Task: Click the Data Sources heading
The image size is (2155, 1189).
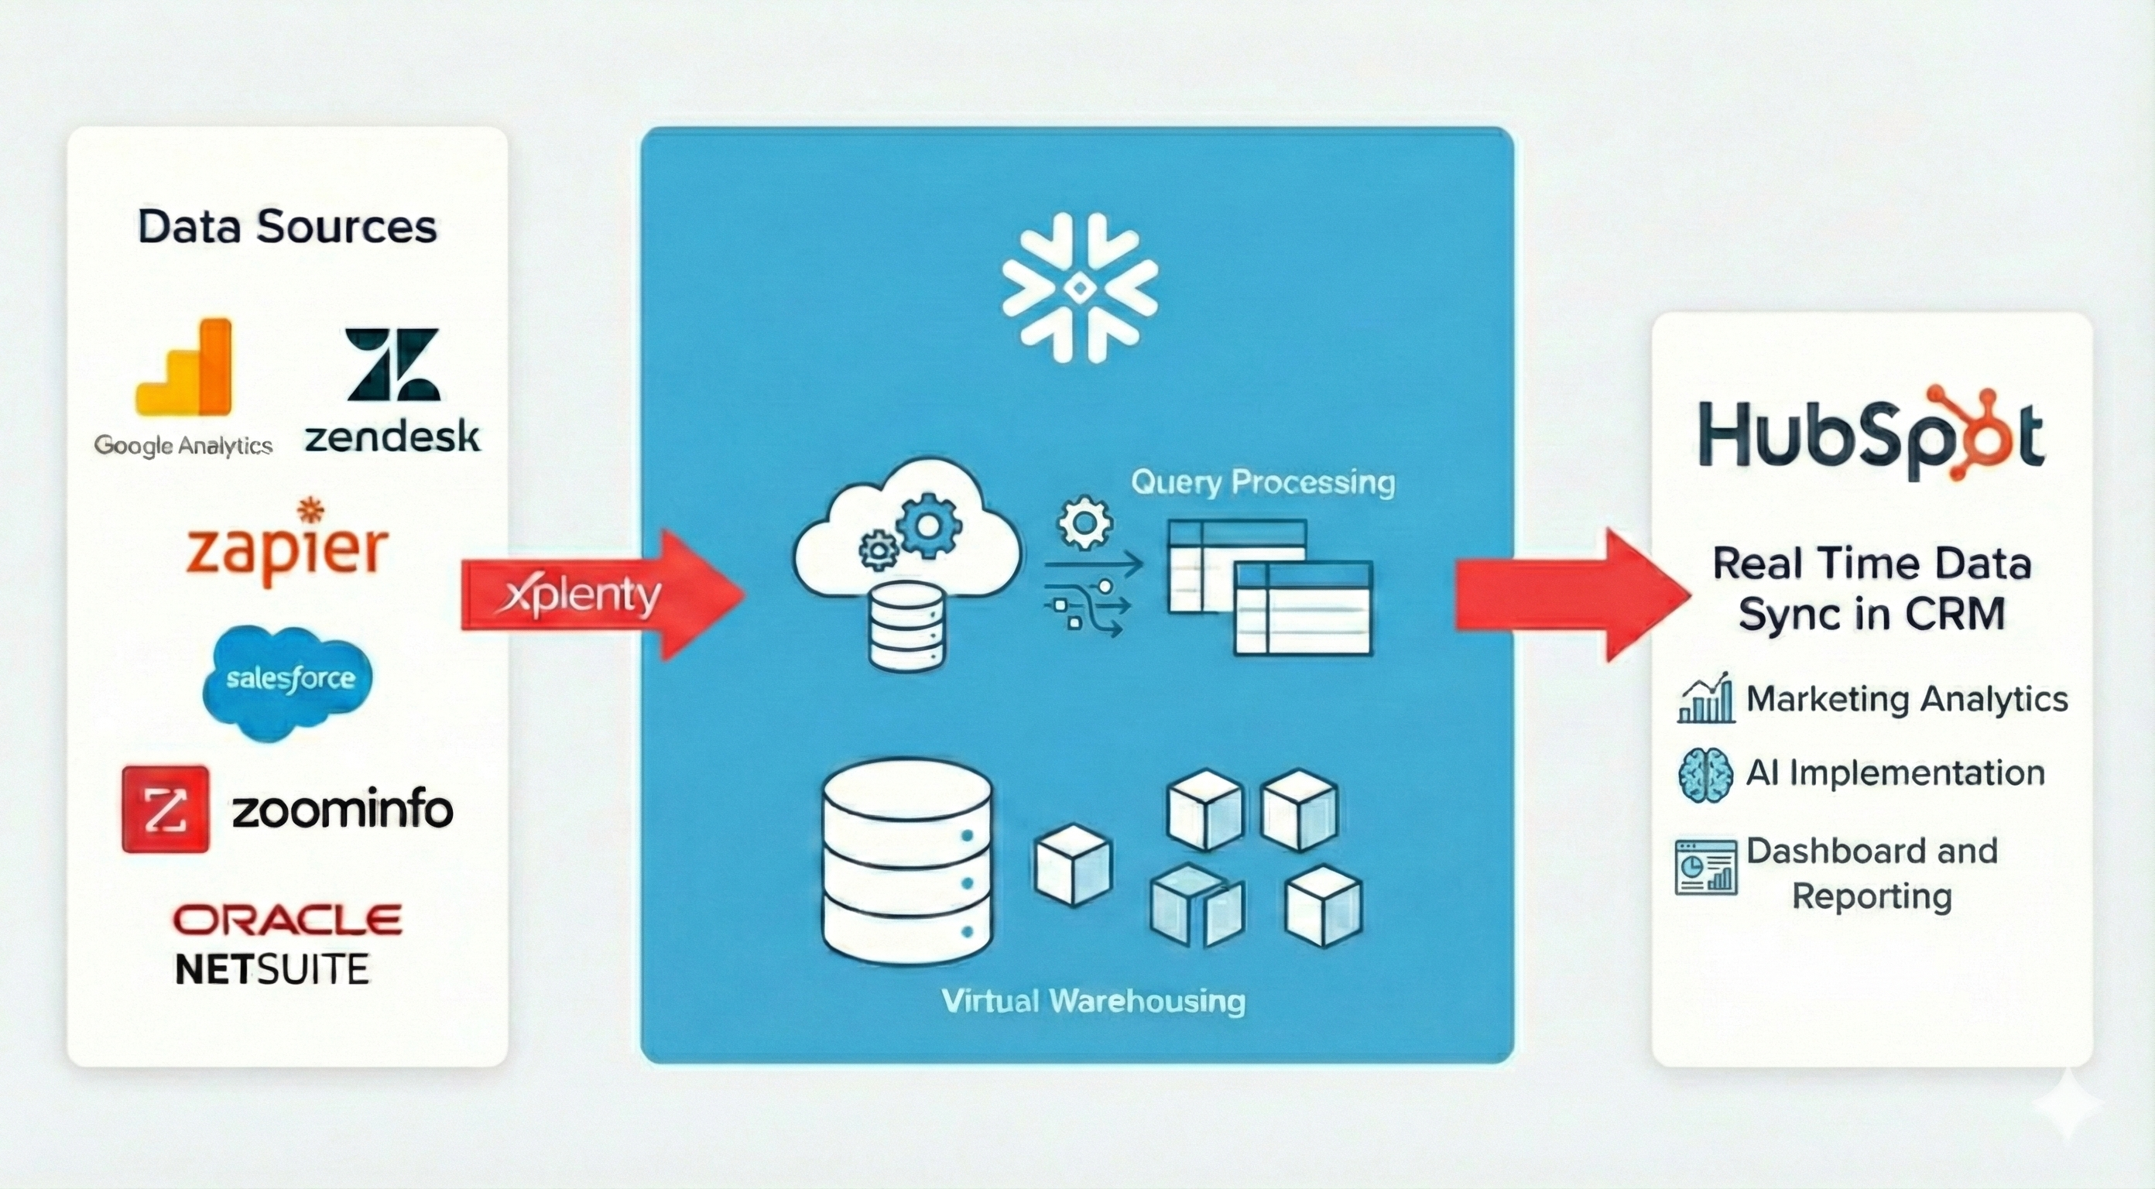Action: tap(287, 227)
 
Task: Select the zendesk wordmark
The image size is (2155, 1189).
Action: tap(392, 437)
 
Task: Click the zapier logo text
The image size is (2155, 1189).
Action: tap(287, 550)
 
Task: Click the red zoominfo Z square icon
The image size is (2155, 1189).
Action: tap(166, 809)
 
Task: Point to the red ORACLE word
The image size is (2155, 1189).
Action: tap(287, 920)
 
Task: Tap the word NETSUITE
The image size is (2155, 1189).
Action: tap(272, 970)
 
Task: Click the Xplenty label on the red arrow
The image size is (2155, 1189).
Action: tap(583, 595)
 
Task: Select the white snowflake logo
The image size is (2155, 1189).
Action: tap(1079, 288)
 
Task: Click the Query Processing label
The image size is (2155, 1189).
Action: tap(1263, 482)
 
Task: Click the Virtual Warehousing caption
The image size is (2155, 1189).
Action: tap(1092, 1001)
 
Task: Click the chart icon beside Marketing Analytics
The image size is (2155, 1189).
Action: tap(1706, 699)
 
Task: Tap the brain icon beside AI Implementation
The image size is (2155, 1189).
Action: tap(1705, 775)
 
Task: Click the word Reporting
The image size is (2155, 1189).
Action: tap(1872, 897)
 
